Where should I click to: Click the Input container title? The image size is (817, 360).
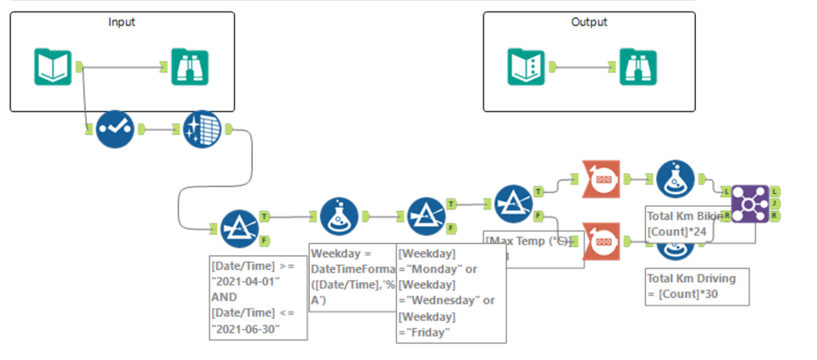point(122,22)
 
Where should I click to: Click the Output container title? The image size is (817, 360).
point(589,22)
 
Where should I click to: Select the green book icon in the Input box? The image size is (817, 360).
point(53,66)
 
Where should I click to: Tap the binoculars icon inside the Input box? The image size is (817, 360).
point(190,66)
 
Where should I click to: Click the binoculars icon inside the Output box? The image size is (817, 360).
point(637,66)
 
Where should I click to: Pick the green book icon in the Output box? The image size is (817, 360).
point(526,66)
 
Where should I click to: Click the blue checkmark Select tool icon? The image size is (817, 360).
point(115,129)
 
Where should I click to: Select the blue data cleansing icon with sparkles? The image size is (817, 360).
point(202,129)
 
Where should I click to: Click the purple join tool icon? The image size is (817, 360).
point(750,201)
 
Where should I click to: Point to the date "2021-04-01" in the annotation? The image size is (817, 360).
point(243,281)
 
